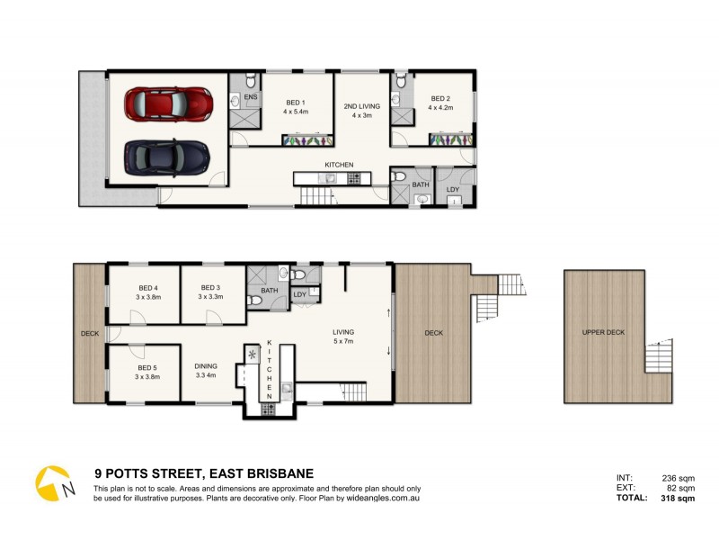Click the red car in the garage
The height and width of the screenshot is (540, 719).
[x=169, y=104]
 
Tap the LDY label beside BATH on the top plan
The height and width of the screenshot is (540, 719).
[x=452, y=189]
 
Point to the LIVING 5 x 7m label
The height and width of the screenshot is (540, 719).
[x=342, y=337]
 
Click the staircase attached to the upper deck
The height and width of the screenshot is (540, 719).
[x=659, y=357]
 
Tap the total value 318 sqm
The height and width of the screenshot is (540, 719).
[x=675, y=498]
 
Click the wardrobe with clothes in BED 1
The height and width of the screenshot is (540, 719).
[x=306, y=140]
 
